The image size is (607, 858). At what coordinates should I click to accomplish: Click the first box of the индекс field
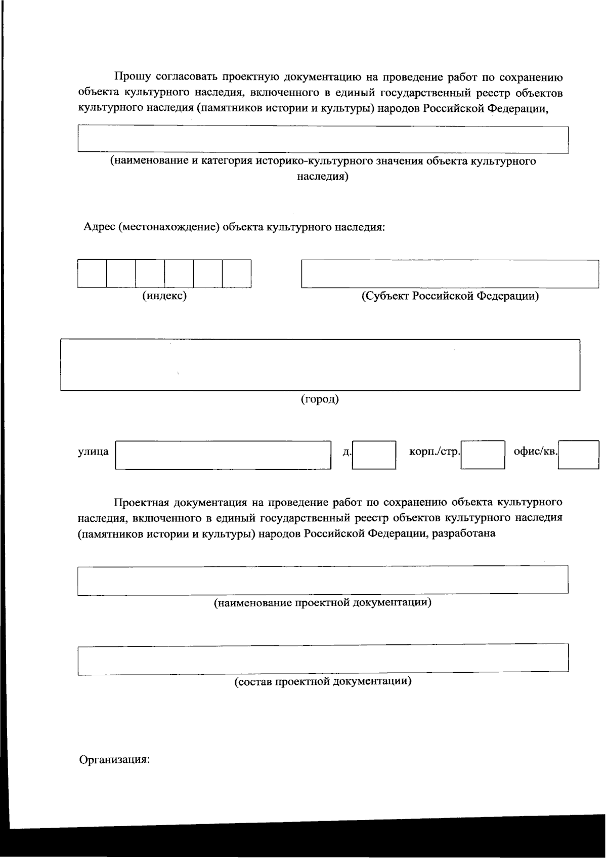coord(92,273)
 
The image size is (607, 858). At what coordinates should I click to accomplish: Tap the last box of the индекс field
coord(237,273)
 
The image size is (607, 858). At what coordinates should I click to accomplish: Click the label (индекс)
coord(164,296)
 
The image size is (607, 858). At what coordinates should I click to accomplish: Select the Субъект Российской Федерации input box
coord(450,274)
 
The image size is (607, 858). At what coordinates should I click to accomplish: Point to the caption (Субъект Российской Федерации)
coord(450,296)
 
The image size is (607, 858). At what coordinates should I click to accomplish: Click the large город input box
coord(320,364)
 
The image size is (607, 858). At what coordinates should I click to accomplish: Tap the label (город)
coord(320,399)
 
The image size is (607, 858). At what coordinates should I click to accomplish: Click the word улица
coord(93,452)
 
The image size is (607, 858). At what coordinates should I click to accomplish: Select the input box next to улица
coord(223,455)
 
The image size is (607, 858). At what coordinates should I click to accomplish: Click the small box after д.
coord(374,455)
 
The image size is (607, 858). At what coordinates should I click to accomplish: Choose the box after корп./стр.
coord(483,455)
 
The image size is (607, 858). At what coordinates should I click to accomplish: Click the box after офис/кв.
coord(579,455)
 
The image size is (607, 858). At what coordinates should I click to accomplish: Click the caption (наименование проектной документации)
coord(323,603)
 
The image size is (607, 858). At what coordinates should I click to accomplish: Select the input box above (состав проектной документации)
coord(323,659)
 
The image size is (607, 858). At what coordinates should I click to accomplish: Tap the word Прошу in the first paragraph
coord(132,77)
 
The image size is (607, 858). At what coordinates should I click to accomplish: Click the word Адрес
coord(99,227)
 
